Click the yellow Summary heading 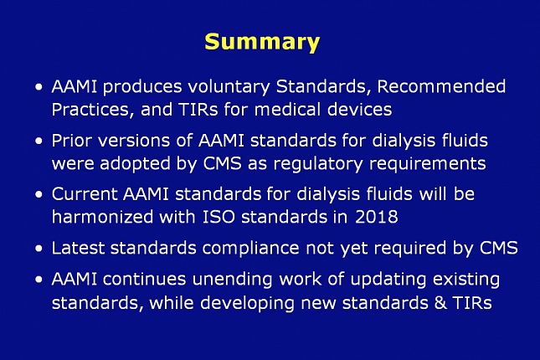(x=262, y=43)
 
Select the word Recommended (x=441, y=86)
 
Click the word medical (x=287, y=109)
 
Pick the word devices (x=359, y=109)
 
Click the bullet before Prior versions (x=39, y=141)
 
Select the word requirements (x=427, y=164)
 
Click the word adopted (x=136, y=164)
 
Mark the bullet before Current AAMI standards (x=39, y=194)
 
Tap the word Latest (x=78, y=248)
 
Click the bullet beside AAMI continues (x=39, y=279)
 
